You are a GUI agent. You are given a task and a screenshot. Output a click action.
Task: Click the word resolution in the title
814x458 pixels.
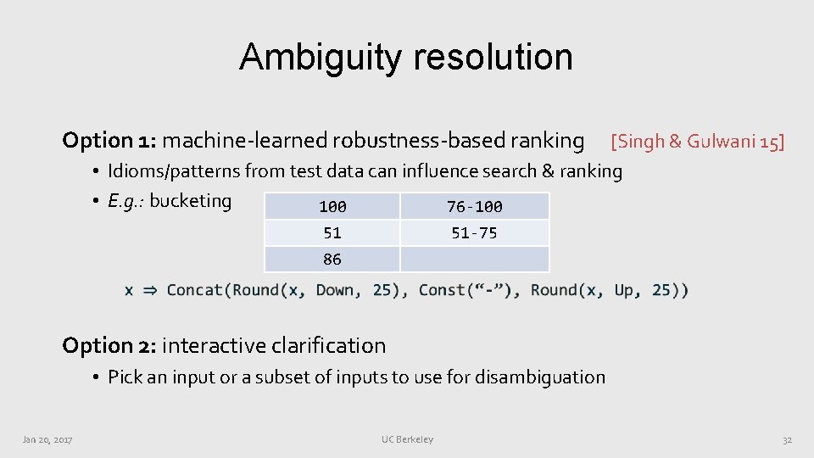pyautogui.click(x=493, y=58)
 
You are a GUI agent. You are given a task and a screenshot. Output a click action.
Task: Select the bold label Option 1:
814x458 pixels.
pyautogui.click(x=109, y=140)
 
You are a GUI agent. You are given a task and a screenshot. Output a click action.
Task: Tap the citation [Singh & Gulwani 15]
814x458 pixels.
pyautogui.click(x=697, y=141)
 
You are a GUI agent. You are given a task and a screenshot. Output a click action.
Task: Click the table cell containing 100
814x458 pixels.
pyautogui.click(x=332, y=206)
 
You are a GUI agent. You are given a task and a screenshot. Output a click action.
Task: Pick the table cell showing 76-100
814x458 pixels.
pyautogui.click(x=474, y=206)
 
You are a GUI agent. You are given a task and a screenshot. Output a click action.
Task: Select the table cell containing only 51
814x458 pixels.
pyautogui.click(x=332, y=233)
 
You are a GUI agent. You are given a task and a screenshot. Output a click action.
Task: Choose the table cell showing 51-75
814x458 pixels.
pyautogui.click(x=474, y=233)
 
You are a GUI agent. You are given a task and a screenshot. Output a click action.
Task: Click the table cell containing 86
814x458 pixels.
pyautogui.click(x=332, y=260)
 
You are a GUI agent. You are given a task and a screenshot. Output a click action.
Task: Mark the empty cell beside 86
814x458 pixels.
pyautogui.click(x=474, y=260)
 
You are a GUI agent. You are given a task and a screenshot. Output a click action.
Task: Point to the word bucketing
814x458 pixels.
pyautogui.click(x=190, y=201)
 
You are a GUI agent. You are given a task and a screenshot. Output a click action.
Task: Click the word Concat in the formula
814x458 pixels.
pyautogui.click(x=196, y=290)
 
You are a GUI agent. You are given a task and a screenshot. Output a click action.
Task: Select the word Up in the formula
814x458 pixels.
pyautogui.click(x=623, y=290)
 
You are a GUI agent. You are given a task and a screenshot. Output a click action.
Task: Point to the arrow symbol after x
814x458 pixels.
pyautogui.click(x=149, y=290)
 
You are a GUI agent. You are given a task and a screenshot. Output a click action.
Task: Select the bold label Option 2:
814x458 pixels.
pyautogui.click(x=109, y=345)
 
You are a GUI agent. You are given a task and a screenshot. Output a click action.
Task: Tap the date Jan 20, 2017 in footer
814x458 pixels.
pyautogui.click(x=47, y=439)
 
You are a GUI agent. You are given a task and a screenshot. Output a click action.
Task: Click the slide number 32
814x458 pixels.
pyautogui.click(x=787, y=439)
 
